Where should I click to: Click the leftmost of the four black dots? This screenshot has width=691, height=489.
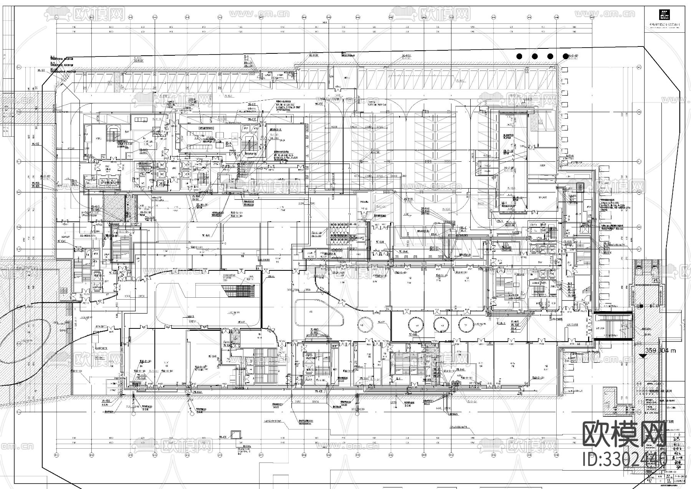[519, 56]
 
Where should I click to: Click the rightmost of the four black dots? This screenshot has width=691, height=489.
[565, 56]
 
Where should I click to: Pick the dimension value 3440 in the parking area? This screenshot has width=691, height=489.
[395, 175]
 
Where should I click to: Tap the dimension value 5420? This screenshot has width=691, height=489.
[355, 127]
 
